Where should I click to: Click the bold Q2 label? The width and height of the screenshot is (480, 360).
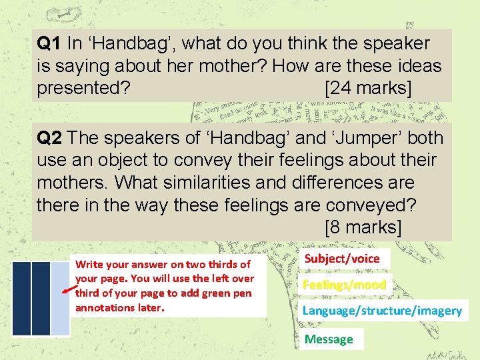[x=50, y=138]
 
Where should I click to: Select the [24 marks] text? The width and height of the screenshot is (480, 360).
[x=367, y=88]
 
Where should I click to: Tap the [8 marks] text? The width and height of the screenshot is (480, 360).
[x=363, y=227]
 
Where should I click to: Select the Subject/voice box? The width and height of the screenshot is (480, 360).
[x=342, y=259]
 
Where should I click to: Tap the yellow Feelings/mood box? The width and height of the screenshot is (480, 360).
[x=344, y=285]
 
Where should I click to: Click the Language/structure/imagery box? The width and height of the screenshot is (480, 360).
[x=382, y=311]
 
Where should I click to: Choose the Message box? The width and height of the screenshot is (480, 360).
[x=329, y=339]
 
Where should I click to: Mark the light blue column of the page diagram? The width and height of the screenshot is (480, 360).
[x=60, y=298]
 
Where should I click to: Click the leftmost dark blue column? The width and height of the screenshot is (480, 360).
[x=21, y=298]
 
